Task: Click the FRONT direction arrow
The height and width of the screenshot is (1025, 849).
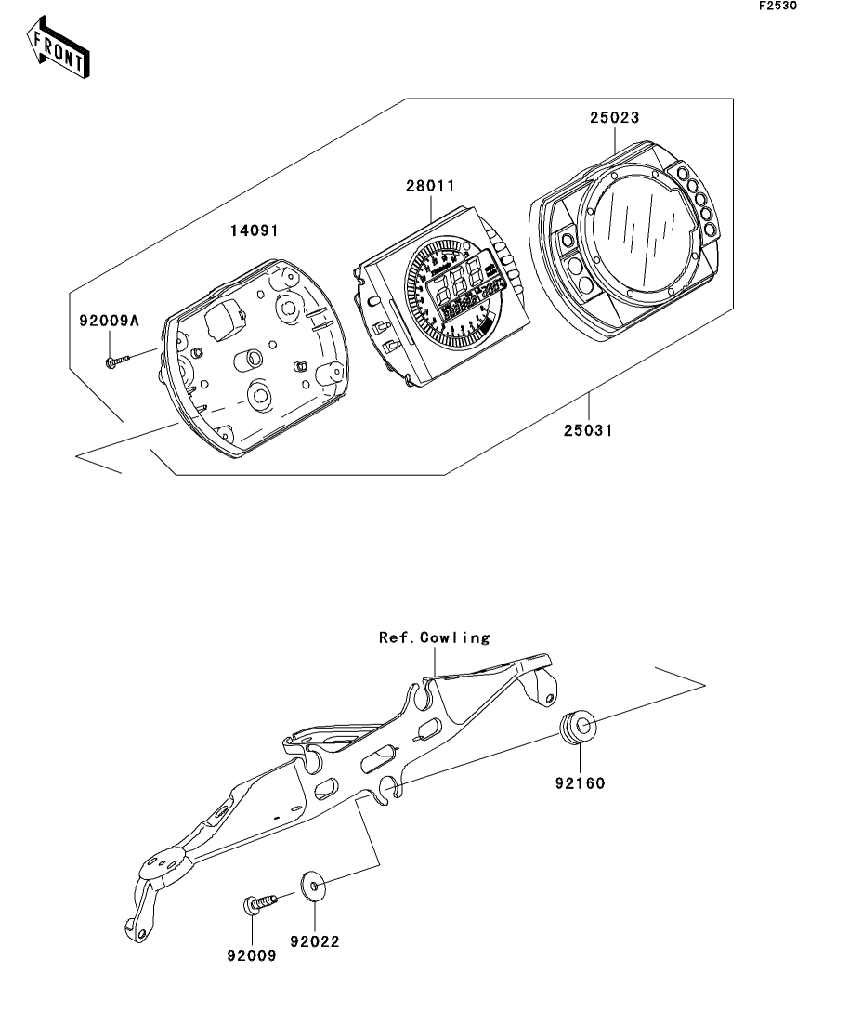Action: click(x=58, y=47)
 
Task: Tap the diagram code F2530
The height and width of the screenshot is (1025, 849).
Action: click(x=777, y=6)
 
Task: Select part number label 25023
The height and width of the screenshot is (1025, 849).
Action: click(x=614, y=118)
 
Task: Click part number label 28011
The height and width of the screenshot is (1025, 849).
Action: click(x=430, y=186)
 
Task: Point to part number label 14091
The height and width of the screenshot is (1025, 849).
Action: click(x=255, y=230)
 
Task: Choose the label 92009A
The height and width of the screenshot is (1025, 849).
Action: click(x=110, y=321)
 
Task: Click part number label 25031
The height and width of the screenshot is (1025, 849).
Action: click(x=588, y=431)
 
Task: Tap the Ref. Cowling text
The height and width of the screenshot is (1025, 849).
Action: click(x=435, y=637)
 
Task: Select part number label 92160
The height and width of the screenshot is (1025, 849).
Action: click(x=581, y=783)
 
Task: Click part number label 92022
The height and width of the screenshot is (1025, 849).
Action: click(x=315, y=942)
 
